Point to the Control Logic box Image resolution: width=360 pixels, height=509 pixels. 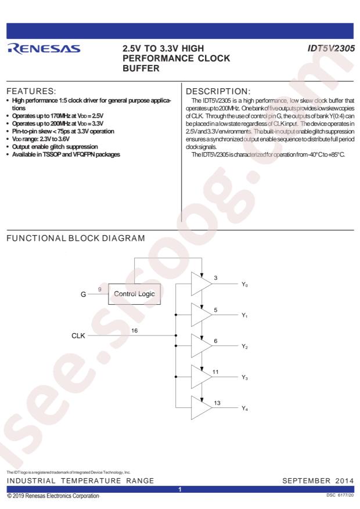[134, 294]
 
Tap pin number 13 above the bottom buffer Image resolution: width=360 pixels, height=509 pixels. [217, 401]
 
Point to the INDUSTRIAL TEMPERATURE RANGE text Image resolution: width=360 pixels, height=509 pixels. [80, 481]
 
